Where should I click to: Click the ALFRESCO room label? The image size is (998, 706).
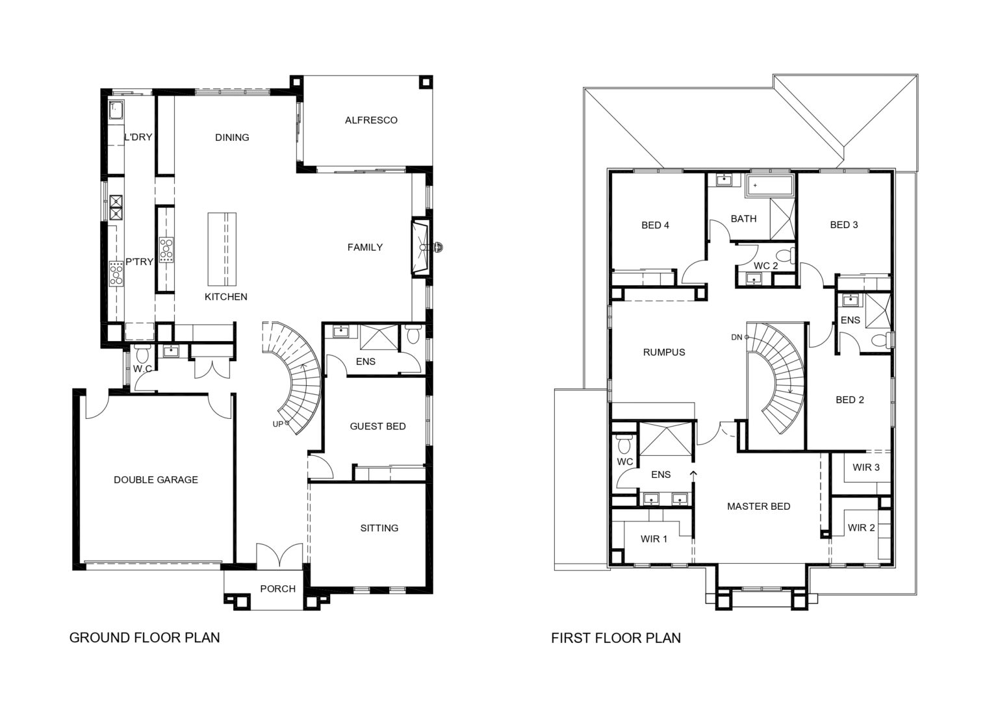[371, 120]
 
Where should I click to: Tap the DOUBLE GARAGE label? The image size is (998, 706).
[156, 480]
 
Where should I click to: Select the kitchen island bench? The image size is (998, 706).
[222, 249]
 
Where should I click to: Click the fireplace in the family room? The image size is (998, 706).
[420, 247]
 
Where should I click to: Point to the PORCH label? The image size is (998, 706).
[278, 589]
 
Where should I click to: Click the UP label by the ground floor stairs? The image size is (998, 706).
[278, 424]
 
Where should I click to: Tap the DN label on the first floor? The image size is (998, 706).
[736, 338]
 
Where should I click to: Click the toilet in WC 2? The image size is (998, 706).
[785, 255]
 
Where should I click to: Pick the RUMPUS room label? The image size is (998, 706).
[664, 352]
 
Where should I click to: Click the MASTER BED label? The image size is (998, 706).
[759, 507]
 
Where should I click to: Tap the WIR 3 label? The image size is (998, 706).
[866, 467]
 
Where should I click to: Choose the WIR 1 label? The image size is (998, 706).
[654, 539]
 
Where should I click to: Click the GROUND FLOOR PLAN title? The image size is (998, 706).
[145, 638]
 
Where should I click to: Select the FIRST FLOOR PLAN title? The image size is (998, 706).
[616, 638]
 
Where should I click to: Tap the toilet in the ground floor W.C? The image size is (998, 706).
[142, 354]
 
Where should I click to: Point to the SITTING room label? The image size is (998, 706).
[379, 528]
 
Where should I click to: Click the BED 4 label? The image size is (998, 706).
[656, 225]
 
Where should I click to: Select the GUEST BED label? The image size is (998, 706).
[377, 426]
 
